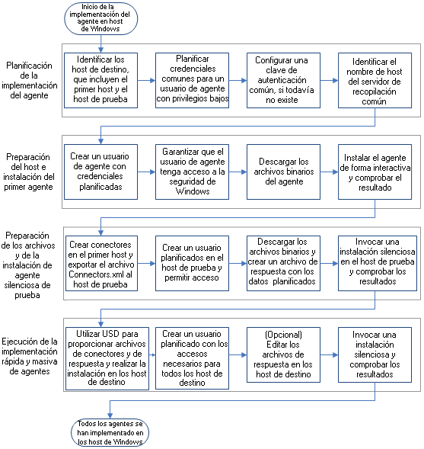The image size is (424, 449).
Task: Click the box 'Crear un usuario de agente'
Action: (100, 172)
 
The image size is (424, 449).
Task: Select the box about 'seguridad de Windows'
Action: (193, 172)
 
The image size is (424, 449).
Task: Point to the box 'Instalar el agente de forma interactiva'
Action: (377, 172)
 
